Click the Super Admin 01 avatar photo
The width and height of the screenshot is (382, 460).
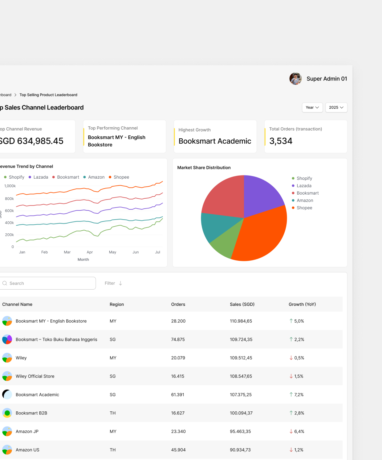[295, 79]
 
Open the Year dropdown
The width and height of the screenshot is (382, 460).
[312, 108]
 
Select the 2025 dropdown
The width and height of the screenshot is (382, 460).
[336, 108]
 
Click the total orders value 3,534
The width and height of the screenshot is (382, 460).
[281, 141]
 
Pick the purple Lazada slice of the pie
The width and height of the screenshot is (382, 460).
[262, 194]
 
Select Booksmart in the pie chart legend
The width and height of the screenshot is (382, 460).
[308, 193]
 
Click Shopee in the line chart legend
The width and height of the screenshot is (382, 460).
[121, 177]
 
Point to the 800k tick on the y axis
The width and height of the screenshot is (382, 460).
[9, 199]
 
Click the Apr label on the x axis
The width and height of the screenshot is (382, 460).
[90, 252]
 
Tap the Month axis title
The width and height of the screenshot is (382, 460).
[83, 260]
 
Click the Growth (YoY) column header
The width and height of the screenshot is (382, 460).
[302, 304]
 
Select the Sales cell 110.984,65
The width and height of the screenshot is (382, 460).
[241, 321]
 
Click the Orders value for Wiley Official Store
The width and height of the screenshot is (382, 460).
[178, 376]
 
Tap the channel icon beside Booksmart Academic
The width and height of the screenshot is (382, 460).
[7, 394]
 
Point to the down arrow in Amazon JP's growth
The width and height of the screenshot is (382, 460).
[291, 431]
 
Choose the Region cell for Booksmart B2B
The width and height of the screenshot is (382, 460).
[112, 413]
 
